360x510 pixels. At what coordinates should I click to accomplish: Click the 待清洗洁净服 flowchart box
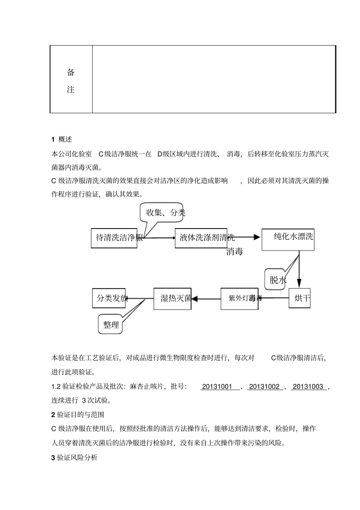tap(114, 238)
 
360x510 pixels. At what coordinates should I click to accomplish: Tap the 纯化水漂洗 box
tap(288, 239)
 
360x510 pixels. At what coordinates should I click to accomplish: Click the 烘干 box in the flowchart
tap(299, 298)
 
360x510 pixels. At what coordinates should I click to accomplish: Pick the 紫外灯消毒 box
tap(239, 298)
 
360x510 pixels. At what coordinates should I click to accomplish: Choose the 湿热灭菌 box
tap(172, 298)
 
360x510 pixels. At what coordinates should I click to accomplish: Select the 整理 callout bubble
tap(111, 325)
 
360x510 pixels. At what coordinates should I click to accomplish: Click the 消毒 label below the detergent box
tap(235, 251)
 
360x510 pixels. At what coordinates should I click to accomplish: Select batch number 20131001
tap(217, 387)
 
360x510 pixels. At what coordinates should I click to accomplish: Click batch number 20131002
tap(264, 387)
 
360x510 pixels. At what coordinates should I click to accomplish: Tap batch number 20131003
tap(308, 387)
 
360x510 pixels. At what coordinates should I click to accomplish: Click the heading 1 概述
tap(62, 139)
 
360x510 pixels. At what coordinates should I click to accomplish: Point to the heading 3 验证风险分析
tap(74, 458)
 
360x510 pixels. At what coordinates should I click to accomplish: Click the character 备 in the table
tap(71, 72)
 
